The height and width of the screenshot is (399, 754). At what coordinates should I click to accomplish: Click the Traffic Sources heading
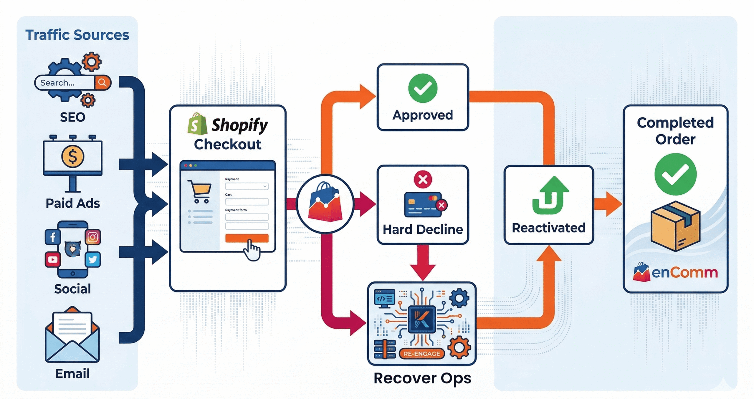click(x=77, y=35)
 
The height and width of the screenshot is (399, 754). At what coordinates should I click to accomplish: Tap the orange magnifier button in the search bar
click(x=102, y=82)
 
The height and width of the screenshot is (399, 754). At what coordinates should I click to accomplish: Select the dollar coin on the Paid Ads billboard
click(x=72, y=156)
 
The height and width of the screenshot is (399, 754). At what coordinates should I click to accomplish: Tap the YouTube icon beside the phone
click(x=53, y=259)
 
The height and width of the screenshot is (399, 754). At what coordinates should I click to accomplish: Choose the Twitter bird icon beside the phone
click(x=93, y=259)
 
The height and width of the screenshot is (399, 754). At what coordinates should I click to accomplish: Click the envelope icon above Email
click(x=72, y=336)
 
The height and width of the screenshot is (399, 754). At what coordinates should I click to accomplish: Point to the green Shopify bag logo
click(x=197, y=124)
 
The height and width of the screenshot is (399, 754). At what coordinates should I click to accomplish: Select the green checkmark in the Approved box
click(x=423, y=88)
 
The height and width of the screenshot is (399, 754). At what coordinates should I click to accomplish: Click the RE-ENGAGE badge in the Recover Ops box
click(x=421, y=354)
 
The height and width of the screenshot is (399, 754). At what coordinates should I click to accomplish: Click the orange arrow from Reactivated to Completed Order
click(x=608, y=204)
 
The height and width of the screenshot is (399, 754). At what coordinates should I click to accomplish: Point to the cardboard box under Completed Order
click(x=675, y=226)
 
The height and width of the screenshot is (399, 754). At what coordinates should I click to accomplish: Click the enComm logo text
click(x=684, y=273)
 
